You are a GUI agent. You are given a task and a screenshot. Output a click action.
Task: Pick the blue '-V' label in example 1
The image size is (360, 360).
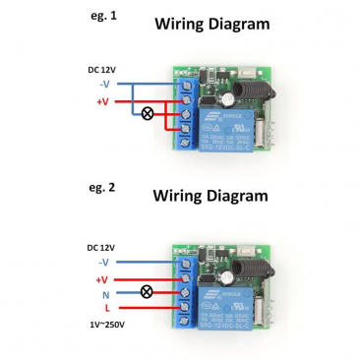point(104,85)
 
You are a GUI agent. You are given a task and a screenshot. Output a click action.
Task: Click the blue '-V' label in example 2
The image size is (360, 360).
point(104,263)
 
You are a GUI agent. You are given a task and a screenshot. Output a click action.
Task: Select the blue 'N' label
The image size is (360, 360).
point(106,293)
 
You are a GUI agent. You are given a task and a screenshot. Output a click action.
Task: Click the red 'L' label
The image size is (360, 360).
point(106,309)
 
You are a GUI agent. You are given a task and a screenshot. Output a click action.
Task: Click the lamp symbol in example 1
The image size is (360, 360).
point(150,114)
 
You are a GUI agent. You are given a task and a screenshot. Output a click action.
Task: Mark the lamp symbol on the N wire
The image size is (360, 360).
point(150,293)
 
